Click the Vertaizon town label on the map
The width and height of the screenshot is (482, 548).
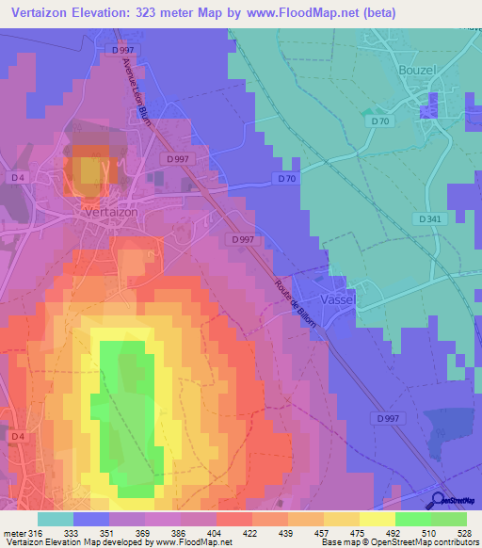[104, 212]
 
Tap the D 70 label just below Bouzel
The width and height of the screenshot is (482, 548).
[379, 121]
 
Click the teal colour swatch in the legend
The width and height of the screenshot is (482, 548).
[56, 519]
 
